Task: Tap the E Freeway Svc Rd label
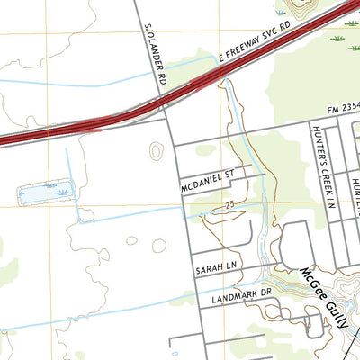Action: coord(256,46)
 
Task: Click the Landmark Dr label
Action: coord(240,294)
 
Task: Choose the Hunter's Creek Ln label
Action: coord(319,175)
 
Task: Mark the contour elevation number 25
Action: coord(230,206)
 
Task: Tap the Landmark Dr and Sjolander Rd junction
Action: coord(196,307)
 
